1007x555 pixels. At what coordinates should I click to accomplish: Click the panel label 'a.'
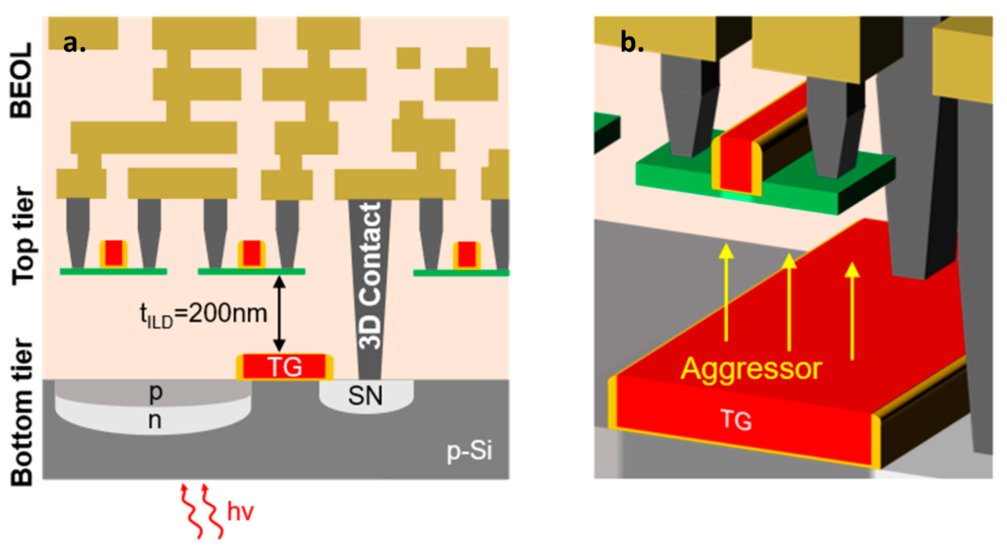pyautogui.click(x=74, y=43)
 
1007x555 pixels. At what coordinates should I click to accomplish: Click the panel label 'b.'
pyautogui.click(x=632, y=42)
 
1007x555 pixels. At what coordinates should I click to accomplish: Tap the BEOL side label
pyautogui.click(x=21, y=80)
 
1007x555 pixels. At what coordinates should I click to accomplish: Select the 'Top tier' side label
pyautogui.click(x=23, y=236)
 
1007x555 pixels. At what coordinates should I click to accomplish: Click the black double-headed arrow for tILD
pyautogui.click(x=279, y=313)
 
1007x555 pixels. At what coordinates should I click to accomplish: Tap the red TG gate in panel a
pyautogui.click(x=285, y=367)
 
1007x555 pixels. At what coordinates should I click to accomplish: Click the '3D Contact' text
pyautogui.click(x=370, y=276)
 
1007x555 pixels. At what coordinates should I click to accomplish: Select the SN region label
pyautogui.click(x=365, y=396)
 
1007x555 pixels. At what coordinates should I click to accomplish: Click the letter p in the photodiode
pyautogui.click(x=156, y=392)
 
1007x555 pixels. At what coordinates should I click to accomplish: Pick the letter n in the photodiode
pyautogui.click(x=155, y=420)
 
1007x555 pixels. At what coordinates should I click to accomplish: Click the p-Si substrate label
pyautogui.click(x=469, y=451)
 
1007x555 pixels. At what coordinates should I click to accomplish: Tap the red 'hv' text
pyautogui.click(x=240, y=512)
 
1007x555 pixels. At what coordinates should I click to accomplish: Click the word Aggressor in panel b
pyautogui.click(x=751, y=369)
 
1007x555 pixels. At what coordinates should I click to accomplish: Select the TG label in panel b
pyautogui.click(x=736, y=420)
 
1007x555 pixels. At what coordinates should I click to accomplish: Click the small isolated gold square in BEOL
pyautogui.click(x=408, y=58)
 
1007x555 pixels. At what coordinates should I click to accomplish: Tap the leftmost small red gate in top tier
pyautogui.click(x=114, y=254)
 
